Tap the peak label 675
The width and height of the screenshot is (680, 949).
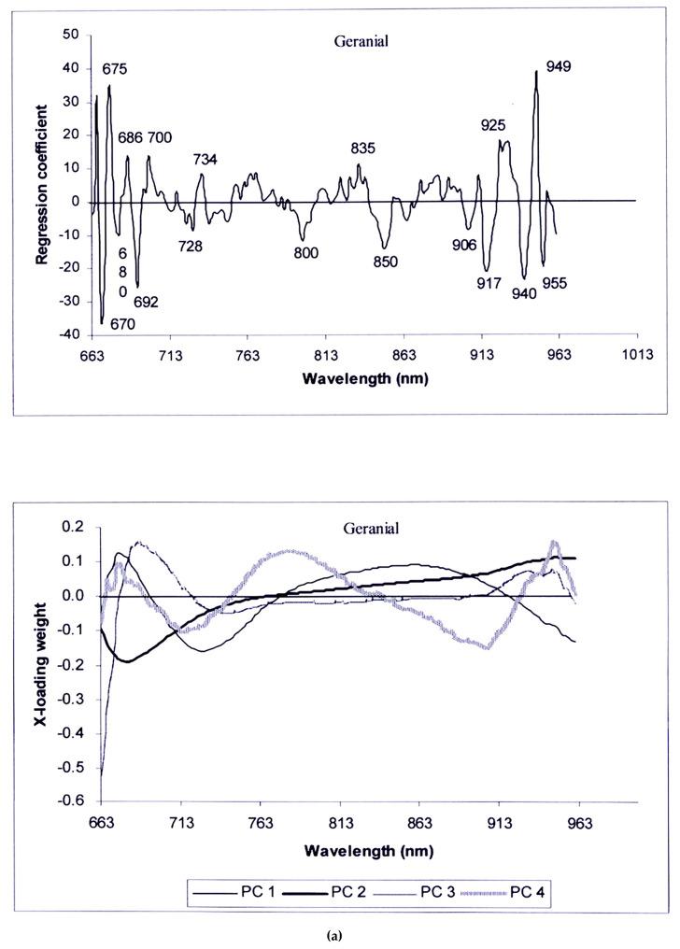[116, 69]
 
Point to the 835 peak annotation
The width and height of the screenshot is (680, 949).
[363, 148]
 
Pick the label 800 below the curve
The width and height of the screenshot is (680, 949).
[305, 253]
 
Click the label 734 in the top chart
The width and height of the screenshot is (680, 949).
[205, 160]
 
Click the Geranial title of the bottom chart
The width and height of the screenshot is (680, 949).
[371, 529]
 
